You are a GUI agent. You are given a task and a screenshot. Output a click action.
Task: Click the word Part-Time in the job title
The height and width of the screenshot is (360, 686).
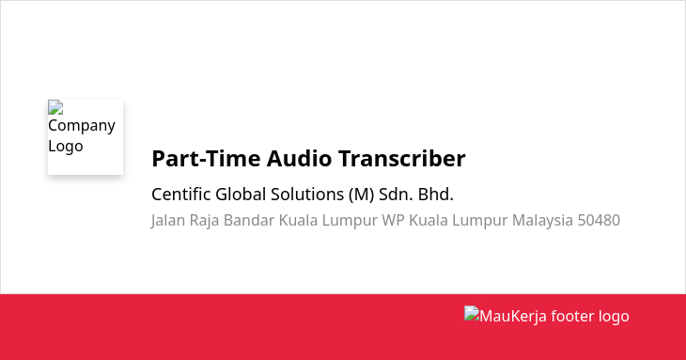(207, 158)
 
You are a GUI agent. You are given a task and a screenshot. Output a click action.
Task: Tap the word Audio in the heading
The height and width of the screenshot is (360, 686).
(299, 158)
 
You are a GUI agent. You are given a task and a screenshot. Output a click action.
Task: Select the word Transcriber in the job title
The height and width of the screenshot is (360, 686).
(401, 158)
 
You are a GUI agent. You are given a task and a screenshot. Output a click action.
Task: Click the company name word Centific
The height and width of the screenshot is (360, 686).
(180, 195)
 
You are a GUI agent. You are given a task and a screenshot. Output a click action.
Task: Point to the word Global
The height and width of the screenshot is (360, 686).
(241, 195)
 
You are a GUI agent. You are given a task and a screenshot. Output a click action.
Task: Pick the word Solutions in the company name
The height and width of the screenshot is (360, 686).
(307, 195)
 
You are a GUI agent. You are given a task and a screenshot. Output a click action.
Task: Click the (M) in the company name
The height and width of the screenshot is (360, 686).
(362, 195)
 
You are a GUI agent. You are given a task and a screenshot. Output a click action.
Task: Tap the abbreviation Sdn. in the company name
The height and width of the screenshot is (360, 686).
(396, 195)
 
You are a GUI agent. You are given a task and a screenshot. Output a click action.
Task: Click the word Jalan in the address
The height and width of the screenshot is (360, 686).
(168, 220)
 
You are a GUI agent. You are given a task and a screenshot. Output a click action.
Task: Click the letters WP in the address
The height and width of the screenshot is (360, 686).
(393, 220)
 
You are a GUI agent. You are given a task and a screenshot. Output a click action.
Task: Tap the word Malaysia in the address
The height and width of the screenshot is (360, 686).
(542, 220)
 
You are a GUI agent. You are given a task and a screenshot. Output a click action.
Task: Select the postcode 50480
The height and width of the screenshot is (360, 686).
(599, 220)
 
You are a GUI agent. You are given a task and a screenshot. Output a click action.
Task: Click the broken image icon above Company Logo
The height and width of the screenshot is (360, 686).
(55, 107)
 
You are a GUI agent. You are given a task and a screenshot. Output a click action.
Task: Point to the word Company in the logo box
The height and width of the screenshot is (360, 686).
(82, 126)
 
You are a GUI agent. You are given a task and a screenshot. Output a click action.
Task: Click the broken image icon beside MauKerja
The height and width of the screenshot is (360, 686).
(472, 313)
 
